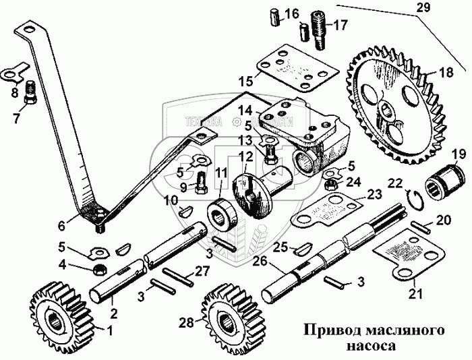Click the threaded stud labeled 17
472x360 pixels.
pos(319,30)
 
